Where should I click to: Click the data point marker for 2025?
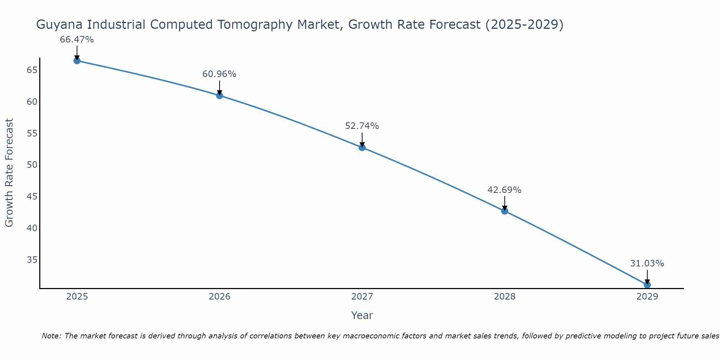(x=77, y=61)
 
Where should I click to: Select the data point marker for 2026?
(x=220, y=95)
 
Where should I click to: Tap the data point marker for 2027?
(x=362, y=148)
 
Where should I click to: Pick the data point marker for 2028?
(x=505, y=211)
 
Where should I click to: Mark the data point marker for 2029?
(x=647, y=285)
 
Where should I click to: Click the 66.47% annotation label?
(x=77, y=40)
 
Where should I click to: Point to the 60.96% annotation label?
(x=219, y=74)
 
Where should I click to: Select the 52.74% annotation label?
(x=362, y=126)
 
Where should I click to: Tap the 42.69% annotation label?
(x=504, y=190)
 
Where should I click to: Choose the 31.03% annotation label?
(x=647, y=264)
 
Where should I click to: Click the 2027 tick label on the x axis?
(x=362, y=297)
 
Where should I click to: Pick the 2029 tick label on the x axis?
(x=647, y=297)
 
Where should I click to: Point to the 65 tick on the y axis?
(x=32, y=70)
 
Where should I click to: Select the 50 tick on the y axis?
(x=32, y=165)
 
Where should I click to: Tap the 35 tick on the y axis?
(x=32, y=260)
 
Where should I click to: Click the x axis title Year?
(x=362, y=315)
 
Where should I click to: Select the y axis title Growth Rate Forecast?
(x=9, y=173)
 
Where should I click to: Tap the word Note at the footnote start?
(x=51, y=336)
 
